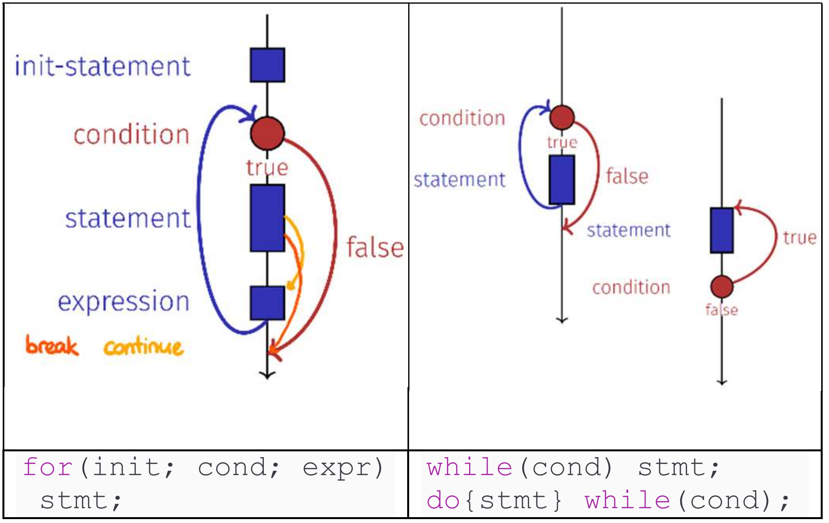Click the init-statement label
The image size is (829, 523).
102,67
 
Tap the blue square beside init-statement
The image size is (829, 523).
267,65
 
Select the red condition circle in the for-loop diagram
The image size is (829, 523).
267,133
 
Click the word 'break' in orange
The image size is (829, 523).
52,346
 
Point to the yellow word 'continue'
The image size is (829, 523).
143,347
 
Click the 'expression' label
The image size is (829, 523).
123,302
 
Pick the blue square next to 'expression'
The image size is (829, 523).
267,303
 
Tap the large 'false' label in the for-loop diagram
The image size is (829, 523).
375,248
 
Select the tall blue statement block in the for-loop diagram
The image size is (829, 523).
267,218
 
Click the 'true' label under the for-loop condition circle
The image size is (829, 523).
267,168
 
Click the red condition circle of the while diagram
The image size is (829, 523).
562,117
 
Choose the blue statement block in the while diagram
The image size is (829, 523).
562,180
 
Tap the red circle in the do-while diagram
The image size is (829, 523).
722,286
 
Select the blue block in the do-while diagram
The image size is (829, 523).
722,231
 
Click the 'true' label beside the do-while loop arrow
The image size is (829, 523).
800,238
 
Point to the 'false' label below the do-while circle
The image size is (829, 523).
722,310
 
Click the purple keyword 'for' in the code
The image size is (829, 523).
48,467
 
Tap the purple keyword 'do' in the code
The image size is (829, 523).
443,501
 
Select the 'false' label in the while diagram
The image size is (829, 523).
627,176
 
